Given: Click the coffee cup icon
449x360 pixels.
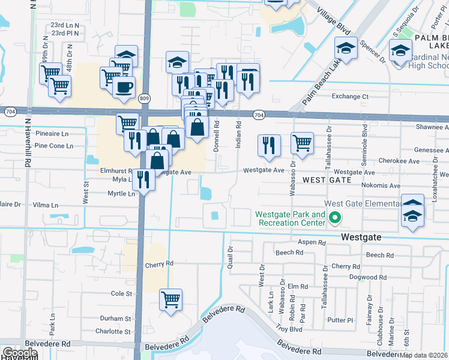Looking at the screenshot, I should pyautogui.click(x=124, y=87).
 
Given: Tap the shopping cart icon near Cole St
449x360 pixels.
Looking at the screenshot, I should pyautogui.click(x=171, y=299).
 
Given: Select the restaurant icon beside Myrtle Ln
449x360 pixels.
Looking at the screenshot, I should pyautogui.click(x=143, y=179).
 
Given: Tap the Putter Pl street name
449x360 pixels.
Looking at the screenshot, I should pyautogui.click(x=341, y=320).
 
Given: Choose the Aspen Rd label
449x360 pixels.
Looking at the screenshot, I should pyautogui.click(x=312, y=242).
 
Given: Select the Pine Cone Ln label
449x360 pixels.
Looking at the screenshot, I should pyautogui.click(x=54, y=146).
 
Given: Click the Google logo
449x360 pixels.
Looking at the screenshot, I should pyautogui.click(x=20, y=353).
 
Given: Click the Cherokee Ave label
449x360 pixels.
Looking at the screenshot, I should pyautogui.click(x=399, y=161).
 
